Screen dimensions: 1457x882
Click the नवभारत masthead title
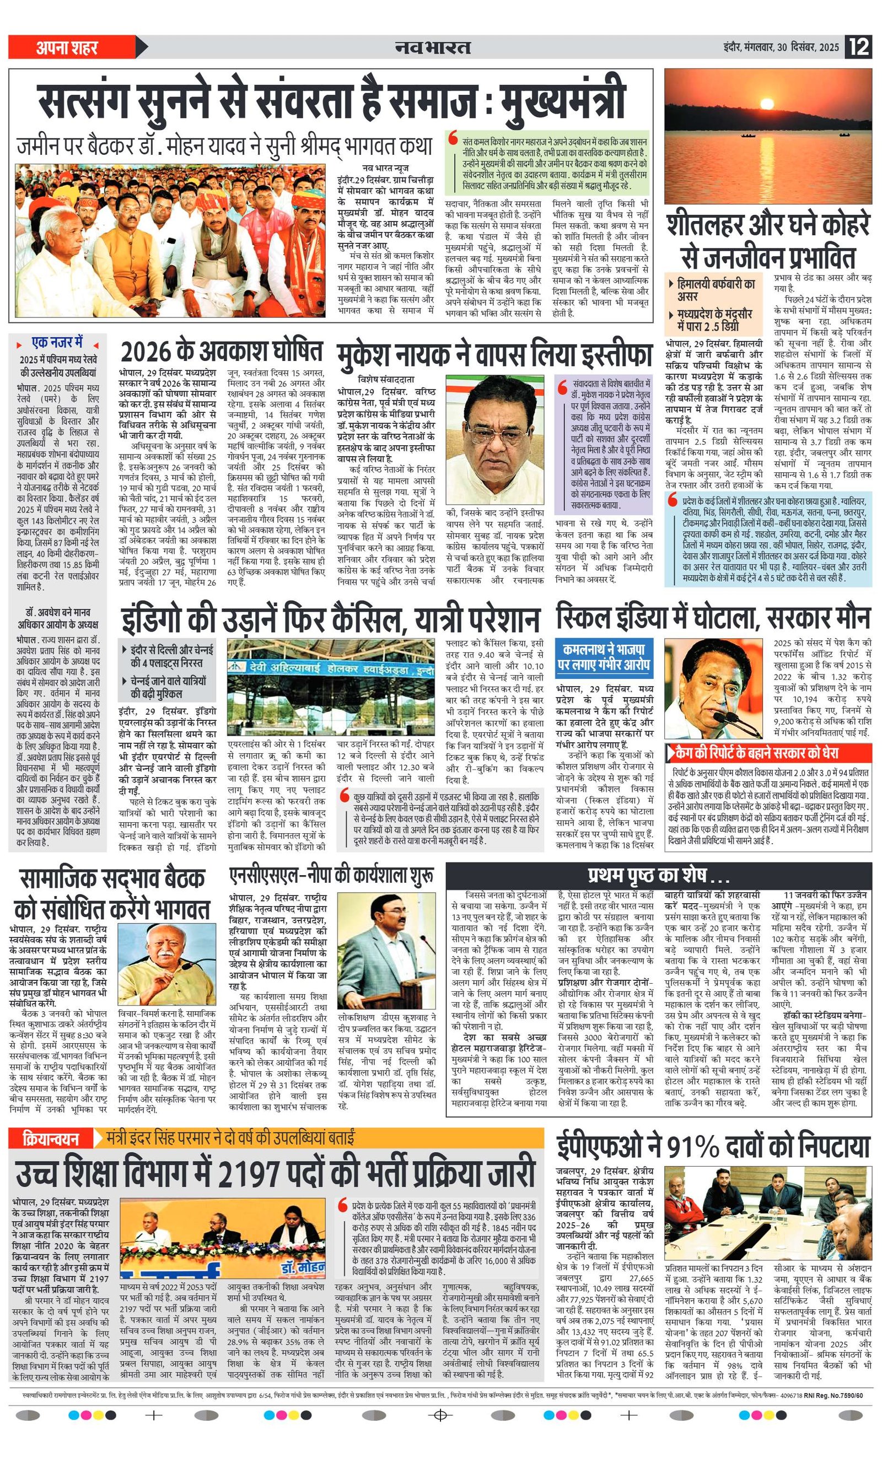pyautogui.click(x=433, y=47)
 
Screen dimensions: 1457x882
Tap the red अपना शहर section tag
pyautogui.click(x=67, y=47)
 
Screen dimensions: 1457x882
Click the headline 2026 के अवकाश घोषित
pyautogui.click(x=222, y=351)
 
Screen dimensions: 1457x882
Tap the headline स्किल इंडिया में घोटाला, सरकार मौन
pyautogui.click(x=713, y=618)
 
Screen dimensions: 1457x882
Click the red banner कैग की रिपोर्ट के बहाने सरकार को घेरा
pyautogui.click(x=768, y=753)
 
